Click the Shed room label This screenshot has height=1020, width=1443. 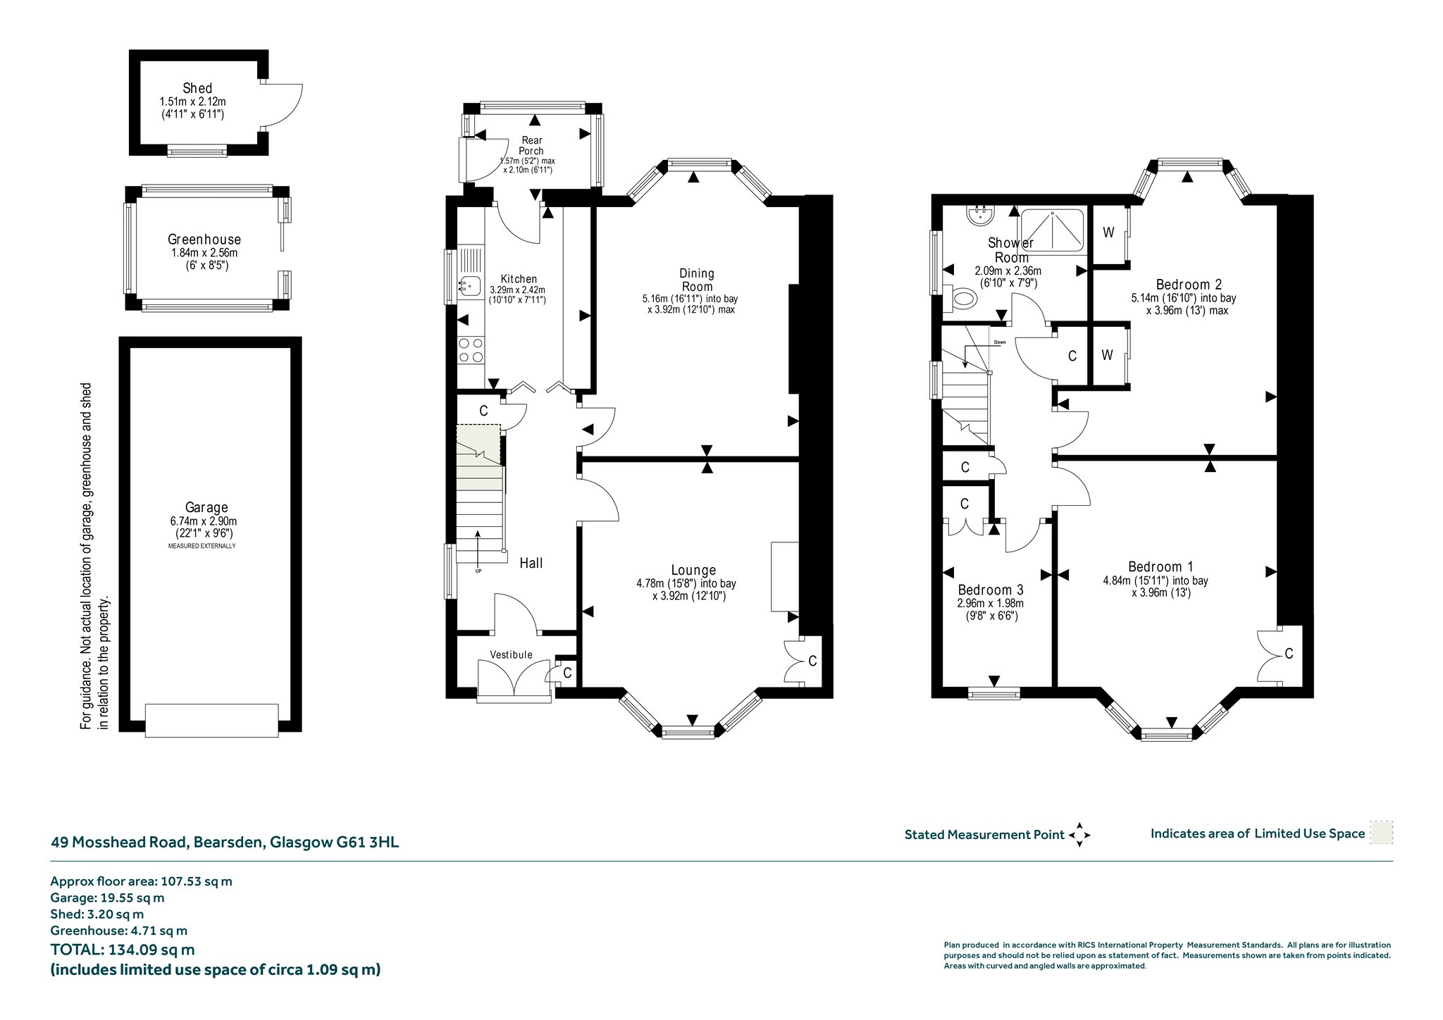coord(197,88)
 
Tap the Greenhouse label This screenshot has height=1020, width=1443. coord(204,240)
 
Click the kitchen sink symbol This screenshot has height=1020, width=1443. coord(470,285)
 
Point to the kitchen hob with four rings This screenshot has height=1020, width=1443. coord(471,350)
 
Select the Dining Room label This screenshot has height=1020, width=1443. coord(697,280)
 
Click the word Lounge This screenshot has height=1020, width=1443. coord(693,571)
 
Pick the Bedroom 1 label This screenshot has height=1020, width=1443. coord(1160,566)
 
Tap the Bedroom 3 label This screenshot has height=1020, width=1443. coord(991,590)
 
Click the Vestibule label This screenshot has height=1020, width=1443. coord(512,654)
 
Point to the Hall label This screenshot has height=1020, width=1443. coord(531,563)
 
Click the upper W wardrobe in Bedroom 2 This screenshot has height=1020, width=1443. coord(1108,233)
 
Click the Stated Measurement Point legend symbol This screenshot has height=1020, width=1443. coord(1079,835)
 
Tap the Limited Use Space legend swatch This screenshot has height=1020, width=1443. coord(1381,833)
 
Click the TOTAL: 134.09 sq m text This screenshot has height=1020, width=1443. coord(123,950)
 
